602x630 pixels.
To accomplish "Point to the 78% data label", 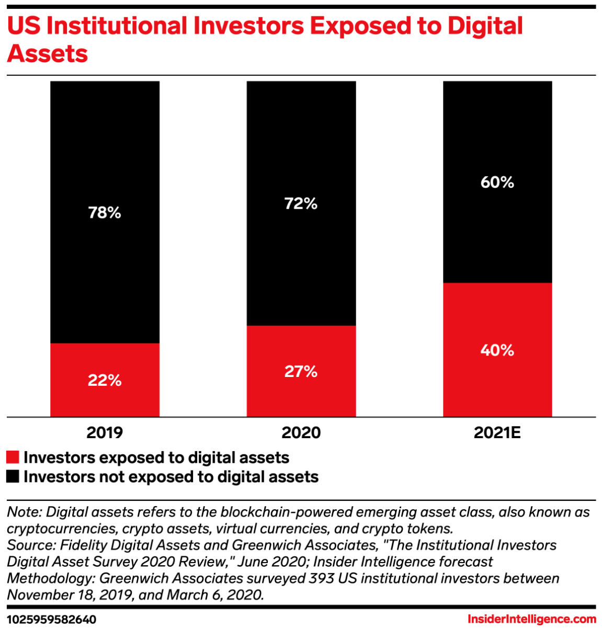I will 105,213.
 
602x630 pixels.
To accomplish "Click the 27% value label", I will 301,372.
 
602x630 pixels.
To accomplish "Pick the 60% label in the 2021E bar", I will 497,182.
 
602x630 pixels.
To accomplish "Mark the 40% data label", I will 497,350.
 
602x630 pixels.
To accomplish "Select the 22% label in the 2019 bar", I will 105,380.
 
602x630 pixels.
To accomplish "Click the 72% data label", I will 301,203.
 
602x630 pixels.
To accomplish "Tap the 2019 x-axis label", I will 105,433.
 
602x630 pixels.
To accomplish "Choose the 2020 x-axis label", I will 301,433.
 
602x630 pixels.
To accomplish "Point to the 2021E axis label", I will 497,433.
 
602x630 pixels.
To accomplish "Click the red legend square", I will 13,457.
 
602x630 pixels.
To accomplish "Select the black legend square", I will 13,477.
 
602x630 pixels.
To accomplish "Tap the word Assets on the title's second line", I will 48,54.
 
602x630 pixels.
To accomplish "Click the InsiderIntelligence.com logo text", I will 532,620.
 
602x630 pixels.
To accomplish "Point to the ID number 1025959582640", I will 52,620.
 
